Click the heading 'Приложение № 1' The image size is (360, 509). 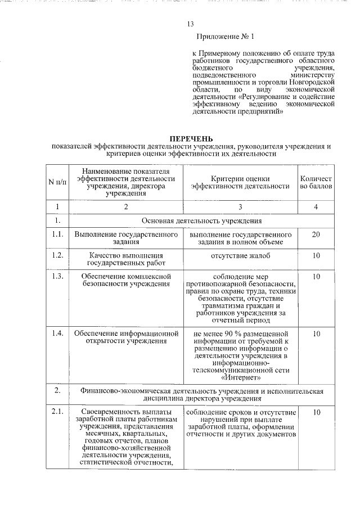222,38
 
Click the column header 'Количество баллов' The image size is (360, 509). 316,182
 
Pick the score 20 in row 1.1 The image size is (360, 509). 316,234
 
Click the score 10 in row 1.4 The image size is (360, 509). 316,334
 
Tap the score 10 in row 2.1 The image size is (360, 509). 316,413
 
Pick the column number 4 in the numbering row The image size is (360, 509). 316,207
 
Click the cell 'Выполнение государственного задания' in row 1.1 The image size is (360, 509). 125,238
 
